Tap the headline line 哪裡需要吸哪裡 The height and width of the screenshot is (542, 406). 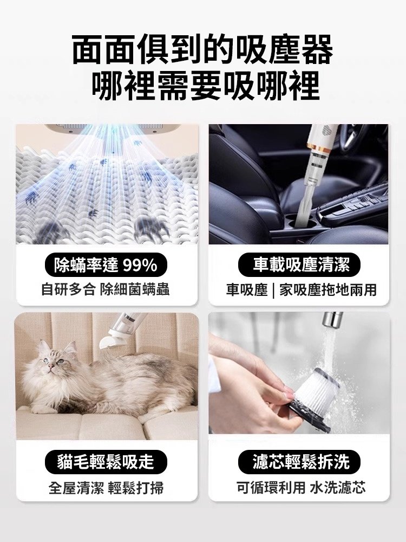[202, 85]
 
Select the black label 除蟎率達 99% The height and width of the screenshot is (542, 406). [106, 265]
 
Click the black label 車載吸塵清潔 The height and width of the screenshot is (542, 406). [299, 265]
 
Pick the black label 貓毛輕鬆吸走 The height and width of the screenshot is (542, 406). [106, 462]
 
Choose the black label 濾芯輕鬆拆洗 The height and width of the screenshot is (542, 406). [299, 462]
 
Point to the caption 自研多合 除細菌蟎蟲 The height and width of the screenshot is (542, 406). [106, 290]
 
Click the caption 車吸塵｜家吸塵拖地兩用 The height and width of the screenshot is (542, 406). [299, 290]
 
